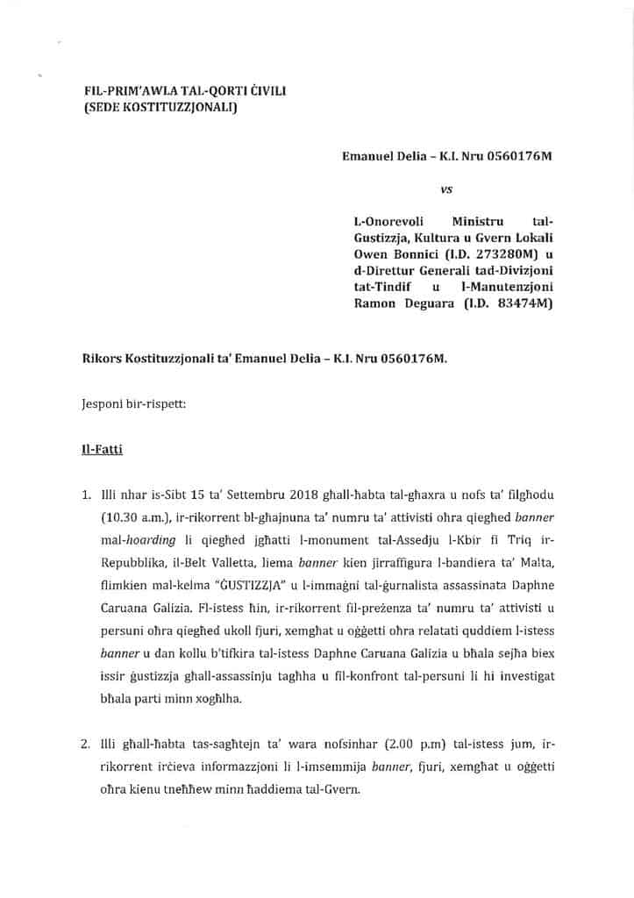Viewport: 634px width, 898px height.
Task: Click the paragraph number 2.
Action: (x=85, y=745)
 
